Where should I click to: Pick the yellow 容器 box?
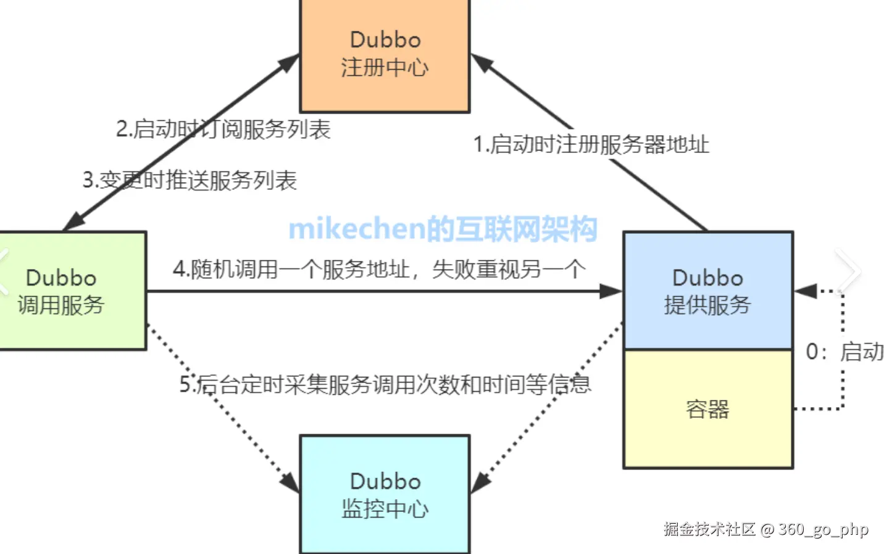point(708,409)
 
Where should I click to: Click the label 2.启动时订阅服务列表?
point(223,130)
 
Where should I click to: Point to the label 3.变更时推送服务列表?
point(190,180)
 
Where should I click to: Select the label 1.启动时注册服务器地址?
point(591,144)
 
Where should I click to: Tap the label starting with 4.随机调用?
point(379,270)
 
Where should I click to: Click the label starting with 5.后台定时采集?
point(385,384)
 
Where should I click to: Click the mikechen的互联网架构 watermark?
point(443,229)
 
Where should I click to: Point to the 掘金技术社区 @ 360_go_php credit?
point(765,529)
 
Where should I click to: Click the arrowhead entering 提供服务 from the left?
point(612,291)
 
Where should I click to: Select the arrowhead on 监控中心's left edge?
point(290,482)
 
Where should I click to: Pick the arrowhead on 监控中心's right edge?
point(480,482)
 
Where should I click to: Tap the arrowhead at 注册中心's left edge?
point(288,62)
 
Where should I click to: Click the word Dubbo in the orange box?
point(385,40)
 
